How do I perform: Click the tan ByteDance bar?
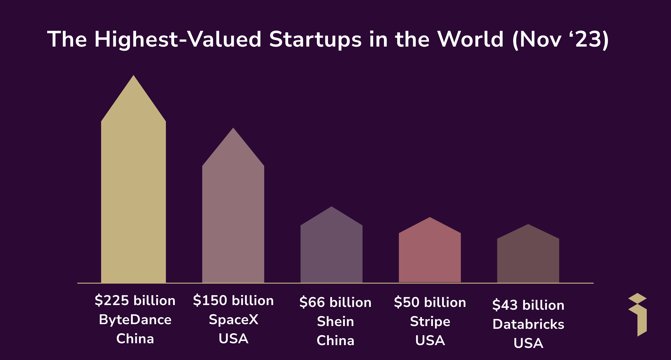pyautogui.click(x=133, y=198)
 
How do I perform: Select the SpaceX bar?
pyautogui.click(x=233, y=221)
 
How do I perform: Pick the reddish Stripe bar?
pyautogui.click(x=430, y=255)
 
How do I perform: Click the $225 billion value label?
pyautogui.click(x=135, y=300)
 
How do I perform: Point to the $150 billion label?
pyautogui.click(x=233, y=300)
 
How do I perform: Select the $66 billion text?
pyautogui.click(x=335, y=302)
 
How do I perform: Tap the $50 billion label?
pyautogui.click(x=430, y=302)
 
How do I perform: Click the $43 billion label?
pyautogui.click(x=528, y=305)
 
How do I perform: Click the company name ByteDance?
pyautogui.click(x=135, y=320)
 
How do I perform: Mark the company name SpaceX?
pyautogui.click(x=233, y=320)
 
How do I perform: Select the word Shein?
pyautogui.click(x=335, y=322)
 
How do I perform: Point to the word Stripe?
pyautogui.click(x=430, y=322)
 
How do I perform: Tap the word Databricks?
pyautogui.click(x=528, y=324)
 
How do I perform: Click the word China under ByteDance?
pyautogui.click(x=135, y=339)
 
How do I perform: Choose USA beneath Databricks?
pyautogui.click(x=528, y=343)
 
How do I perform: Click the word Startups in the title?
pyautogui.click(x=315, y=40)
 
